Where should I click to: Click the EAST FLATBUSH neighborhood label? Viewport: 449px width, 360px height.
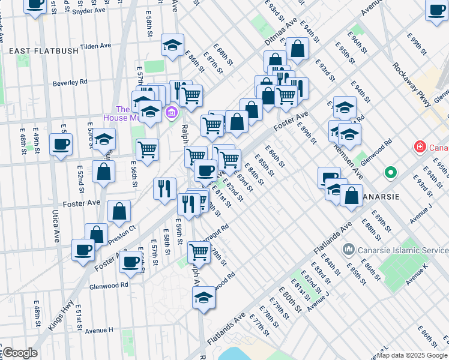(44, 51)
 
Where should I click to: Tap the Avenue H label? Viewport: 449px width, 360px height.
(99, 330)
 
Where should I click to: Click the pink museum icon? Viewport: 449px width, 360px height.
(171, 112)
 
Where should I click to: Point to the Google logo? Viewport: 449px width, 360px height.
(19, 353)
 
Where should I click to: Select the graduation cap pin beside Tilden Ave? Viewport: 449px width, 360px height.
(172, 45)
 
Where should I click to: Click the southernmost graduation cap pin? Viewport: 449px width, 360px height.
(203, 296)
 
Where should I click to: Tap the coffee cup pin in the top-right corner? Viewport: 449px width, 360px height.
(437, 8)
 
